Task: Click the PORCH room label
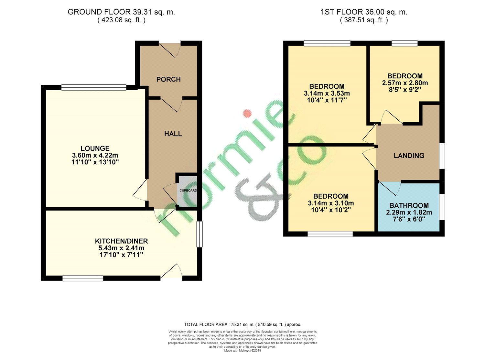(x=168, y=79)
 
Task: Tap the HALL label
(x=173, y=134)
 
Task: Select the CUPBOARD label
(x=188, y=191)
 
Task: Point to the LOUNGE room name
(x=95, y=148)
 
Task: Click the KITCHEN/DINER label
(x=121, y=241)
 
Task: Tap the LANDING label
(x=409, y=156)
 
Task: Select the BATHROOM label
(x=409, y=205)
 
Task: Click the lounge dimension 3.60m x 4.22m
(x=95, y=155)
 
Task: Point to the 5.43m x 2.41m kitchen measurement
(x=121, y=248)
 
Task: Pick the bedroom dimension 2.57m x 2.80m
(x=405, y=83)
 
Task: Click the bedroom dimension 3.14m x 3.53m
(x=327, y=93)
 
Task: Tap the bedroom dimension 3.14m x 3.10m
(x=331, y=203)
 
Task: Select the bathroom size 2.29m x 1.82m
(x=409, y=213)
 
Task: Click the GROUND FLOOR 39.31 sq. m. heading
(x=121, y=12)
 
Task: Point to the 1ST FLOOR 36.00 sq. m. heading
(x=364, y=12)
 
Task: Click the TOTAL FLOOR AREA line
(x=242, y=324)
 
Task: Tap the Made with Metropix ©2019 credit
(x=242, y=351)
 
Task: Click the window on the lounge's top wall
(x=94, y=87)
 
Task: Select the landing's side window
(x=442, y=156)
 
